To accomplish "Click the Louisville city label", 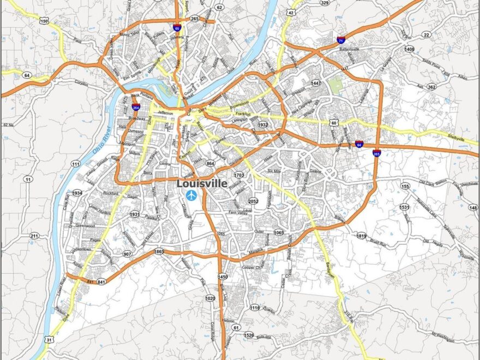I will (x=202, y=184).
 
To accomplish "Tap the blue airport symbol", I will (x=191, y=195).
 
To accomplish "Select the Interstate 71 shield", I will (x=340, y=39).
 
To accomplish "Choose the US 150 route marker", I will (x=44, y=21).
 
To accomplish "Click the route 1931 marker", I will (x=135, y=214).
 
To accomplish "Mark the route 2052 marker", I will (x=253, y=201).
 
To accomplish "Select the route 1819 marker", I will (x=361, y=236).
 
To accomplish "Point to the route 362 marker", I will (x=431, y=87).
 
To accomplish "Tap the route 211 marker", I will (x=34, y=236).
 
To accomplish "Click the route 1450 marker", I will (x=223, y=277).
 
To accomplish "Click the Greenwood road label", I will (x=85, y=225).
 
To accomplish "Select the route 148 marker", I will (x=473, y=208).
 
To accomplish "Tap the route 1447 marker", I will (x=316, y=83).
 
